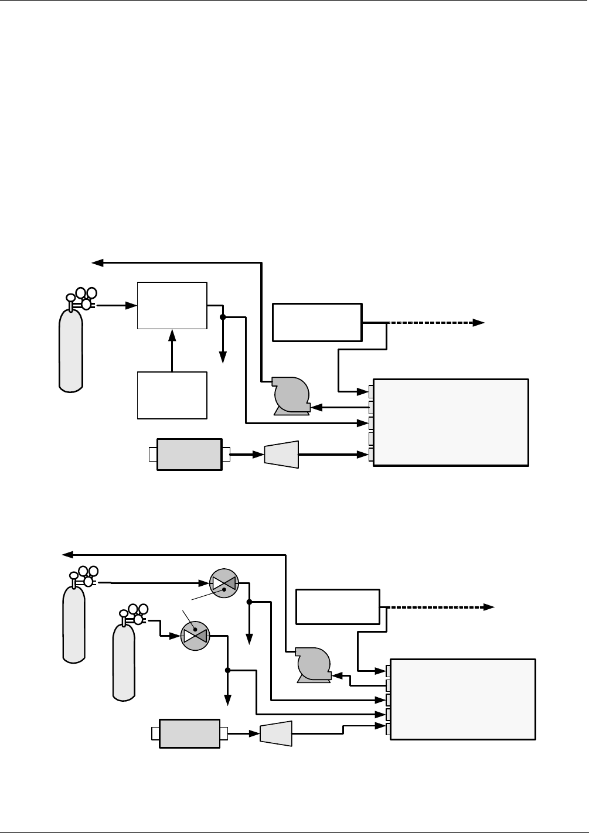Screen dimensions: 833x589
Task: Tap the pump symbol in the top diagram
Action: (291, 397)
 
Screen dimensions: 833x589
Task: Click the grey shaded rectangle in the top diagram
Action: (189, 454)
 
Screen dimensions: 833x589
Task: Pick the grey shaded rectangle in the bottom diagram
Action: (189, 734)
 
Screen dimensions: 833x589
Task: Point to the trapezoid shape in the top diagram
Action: (282, 454)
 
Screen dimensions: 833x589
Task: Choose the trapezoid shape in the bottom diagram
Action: (275, 733)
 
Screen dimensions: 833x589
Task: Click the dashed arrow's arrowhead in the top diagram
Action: (479, 322)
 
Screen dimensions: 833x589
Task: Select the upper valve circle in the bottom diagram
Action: (224, 583)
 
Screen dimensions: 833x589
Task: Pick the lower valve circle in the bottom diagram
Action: (195, 636)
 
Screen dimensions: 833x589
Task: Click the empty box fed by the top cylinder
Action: (172, 305)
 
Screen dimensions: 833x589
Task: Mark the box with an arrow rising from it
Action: (172, 395)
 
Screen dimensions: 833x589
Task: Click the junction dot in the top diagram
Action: (223, 318)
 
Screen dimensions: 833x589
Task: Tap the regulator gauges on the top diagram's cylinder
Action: (86, 298)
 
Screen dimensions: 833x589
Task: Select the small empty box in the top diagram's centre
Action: (317, 322)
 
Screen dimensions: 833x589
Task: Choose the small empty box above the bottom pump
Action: (338, 607)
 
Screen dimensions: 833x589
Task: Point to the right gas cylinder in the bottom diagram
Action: (124, 662)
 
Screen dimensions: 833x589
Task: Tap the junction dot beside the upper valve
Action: (249, 602)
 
